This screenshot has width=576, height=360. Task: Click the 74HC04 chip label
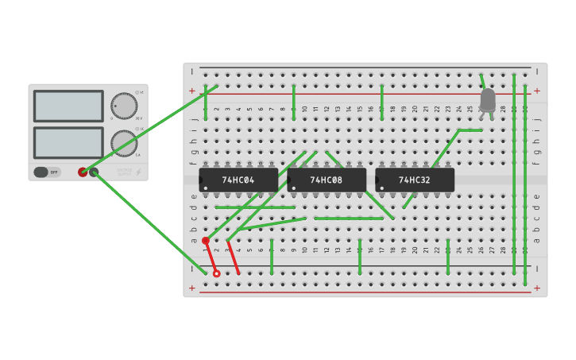pos(238,180)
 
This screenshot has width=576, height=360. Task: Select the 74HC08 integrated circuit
pos(327,180)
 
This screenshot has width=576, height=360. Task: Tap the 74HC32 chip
pos(415,180)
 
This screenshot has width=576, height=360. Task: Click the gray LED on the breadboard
pos(488,100)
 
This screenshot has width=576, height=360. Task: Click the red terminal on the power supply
pos(83,172)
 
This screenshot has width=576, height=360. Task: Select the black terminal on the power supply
pos(94,172)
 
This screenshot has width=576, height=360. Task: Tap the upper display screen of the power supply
pos(68,106)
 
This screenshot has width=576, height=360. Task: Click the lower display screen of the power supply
pos(68,142)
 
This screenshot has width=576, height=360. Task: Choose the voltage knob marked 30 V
pos(123,106)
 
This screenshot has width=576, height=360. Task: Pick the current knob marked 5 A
pos(123,143)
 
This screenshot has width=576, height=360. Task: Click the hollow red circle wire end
pos(216,273)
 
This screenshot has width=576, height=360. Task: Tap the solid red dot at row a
pos(206,240)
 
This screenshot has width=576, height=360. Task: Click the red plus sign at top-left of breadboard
pos(191,91)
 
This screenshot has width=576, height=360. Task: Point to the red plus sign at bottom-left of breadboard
pos(191,288)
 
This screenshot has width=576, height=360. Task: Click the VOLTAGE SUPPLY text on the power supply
pos(124,171)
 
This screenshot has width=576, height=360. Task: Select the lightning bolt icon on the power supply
pos(138,172)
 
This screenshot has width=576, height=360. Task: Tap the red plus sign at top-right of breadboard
pos(537,91)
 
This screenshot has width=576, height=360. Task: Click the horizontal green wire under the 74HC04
pos(255,207)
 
